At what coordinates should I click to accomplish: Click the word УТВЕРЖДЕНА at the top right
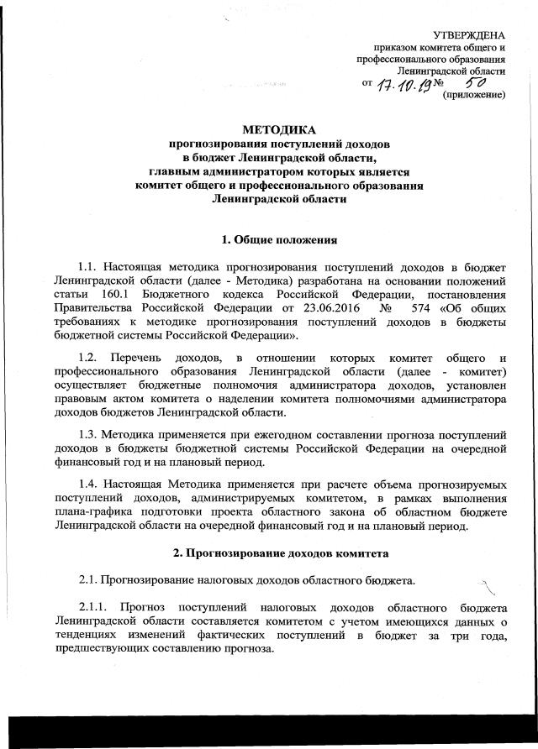469,34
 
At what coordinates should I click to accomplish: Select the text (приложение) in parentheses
473,96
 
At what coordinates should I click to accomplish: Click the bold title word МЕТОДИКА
279,130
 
